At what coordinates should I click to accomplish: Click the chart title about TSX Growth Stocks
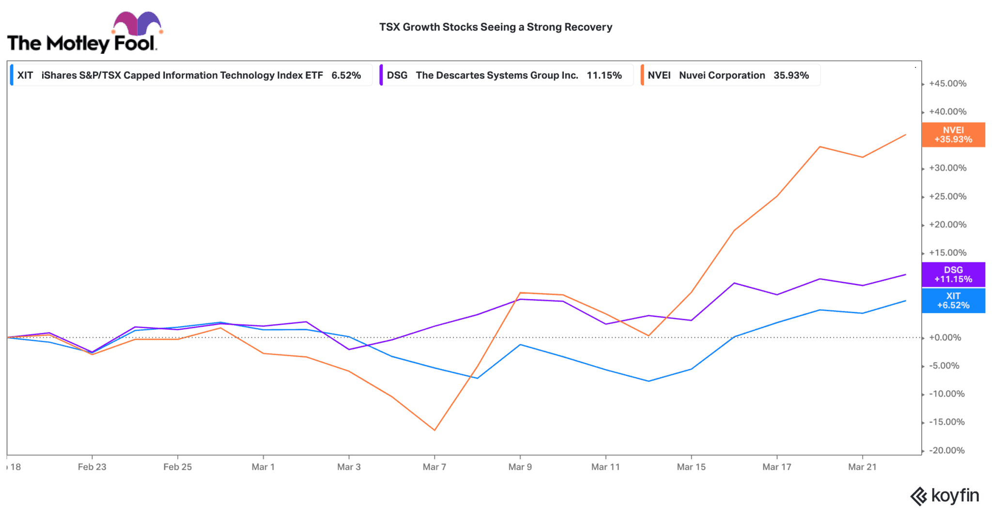pos(496,27)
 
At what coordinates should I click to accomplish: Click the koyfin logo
pos(945,496)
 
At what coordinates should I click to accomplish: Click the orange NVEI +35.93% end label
pos(953,135)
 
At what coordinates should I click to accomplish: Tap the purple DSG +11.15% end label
pos(953,274)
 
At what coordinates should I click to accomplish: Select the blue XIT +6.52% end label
pos(953,301)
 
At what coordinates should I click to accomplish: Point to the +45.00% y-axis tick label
pos(947,83)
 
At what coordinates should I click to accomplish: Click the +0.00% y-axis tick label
pos(945,337)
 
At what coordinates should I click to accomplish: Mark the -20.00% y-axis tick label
pos(946,450)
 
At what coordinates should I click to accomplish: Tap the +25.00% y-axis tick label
pos(947,196)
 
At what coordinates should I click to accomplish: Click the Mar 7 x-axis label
pos(434,467)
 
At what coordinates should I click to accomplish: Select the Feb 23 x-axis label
pos(92,467)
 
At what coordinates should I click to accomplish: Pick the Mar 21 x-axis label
pos(862,467)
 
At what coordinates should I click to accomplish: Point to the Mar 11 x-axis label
pos(605,467)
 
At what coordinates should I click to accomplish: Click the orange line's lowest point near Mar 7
pos(434,430)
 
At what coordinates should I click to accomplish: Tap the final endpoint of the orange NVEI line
pos(906,135)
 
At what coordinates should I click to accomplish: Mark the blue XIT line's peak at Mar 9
pos(520,345)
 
